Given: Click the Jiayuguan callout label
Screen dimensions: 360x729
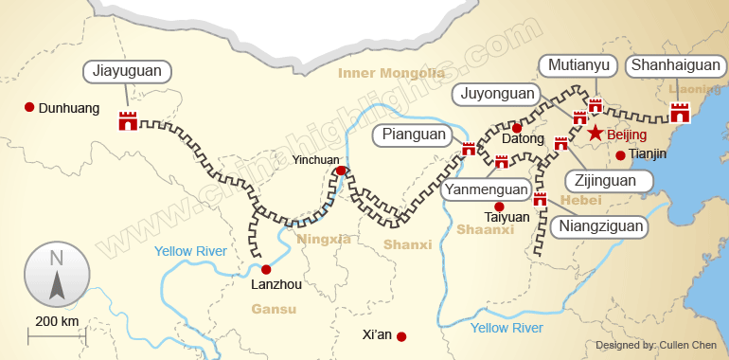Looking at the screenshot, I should tap(128, 71).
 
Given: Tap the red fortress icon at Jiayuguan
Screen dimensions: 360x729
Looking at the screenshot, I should tap(128, 120).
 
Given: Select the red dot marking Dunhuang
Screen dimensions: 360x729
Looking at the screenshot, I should tap(30, 107).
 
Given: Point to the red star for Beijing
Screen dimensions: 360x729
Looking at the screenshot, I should tap(596, 134).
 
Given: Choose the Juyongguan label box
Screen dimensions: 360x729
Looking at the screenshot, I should tap(497, 93).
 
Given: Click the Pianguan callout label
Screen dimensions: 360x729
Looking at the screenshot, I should tap(414, 135).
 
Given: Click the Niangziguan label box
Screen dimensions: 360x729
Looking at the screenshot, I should tap(601, 225).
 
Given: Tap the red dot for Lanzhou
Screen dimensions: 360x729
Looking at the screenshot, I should tap(266, 269).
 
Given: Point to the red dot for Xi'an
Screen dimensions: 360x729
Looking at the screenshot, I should tap(401, 336).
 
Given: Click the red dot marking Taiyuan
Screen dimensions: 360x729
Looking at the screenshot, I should tap(499, 206).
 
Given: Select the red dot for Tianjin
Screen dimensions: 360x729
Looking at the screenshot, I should tap(620, 155).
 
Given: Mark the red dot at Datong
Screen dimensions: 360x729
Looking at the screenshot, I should tap(517, 127).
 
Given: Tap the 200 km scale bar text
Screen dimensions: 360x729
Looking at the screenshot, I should tap(57, 320).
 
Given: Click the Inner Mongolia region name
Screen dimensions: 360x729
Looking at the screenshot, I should tap(392, 73).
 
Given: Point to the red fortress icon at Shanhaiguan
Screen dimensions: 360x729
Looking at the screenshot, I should tap(680, 113).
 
